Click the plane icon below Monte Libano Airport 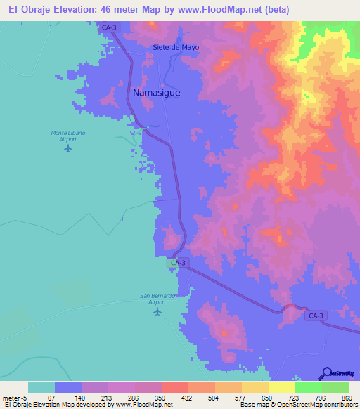click(x=68, y=148)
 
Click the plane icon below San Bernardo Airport click(x=158, y=310)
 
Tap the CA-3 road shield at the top click(x=108, y=27)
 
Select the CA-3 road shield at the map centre click(x=179, y=263)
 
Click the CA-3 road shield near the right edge click(x=316, y=316)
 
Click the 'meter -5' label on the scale click(x=14, y=398)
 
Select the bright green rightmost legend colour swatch click(x=335, y=387)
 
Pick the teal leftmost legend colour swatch click(x=41, y=387)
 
